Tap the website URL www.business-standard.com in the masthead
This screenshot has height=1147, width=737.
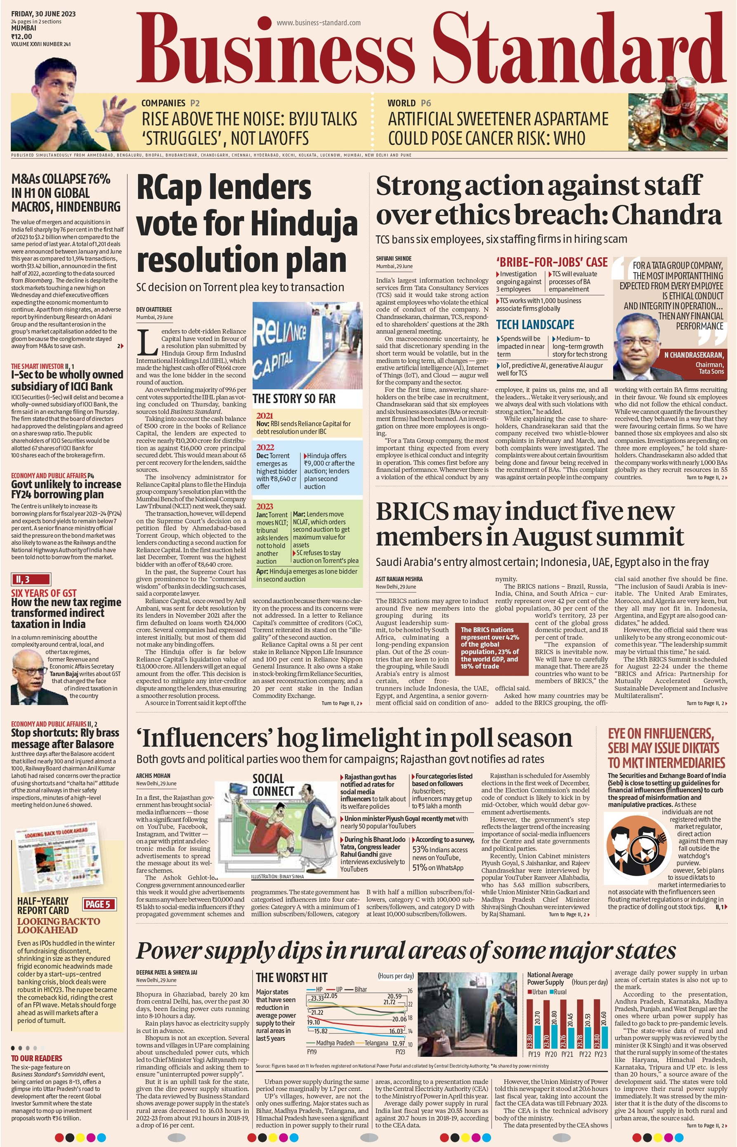318,23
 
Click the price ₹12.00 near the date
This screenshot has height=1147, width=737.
21,36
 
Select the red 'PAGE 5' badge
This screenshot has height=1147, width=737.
98,904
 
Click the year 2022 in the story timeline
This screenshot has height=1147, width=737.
265,447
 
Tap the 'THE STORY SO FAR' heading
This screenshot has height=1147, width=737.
294,398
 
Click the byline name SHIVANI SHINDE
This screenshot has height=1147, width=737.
393,258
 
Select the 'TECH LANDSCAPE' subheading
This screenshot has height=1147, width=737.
534,325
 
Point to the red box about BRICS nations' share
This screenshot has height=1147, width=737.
491,648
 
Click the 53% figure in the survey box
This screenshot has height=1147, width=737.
420,850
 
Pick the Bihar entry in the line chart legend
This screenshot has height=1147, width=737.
360,976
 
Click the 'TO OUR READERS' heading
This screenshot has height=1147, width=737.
37,1058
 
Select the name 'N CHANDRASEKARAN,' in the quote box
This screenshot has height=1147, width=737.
693,356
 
